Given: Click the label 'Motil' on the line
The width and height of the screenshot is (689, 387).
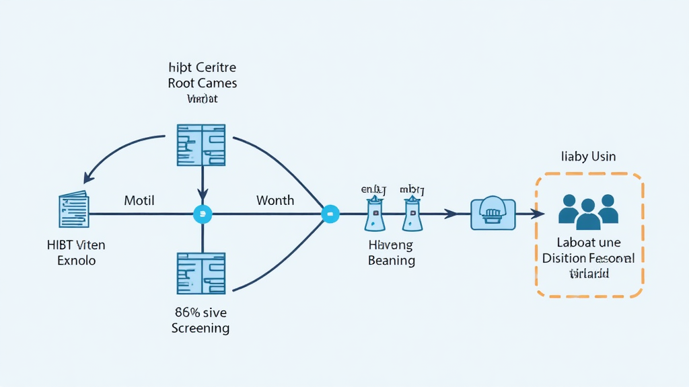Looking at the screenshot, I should pos(139,200).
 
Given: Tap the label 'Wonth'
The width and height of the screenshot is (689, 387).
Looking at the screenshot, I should pos(275,200).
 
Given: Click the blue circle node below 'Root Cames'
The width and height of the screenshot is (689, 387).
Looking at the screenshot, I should pos(203,214).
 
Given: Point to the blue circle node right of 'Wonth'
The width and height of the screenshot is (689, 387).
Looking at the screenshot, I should pos(330,214).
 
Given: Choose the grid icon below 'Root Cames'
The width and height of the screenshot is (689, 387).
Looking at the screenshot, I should pos(201,144).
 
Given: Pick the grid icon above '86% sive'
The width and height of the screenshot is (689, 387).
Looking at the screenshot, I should pos(201,273).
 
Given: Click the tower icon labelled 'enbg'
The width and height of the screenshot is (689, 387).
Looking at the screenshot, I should pos(373,213).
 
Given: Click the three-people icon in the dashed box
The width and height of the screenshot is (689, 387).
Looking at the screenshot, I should pos(588,210).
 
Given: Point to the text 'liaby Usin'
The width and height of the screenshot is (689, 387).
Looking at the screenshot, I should pos(588,157).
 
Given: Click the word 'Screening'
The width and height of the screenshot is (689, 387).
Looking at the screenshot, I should pos(201,329).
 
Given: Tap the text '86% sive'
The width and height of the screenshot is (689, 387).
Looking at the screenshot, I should pos(201,312).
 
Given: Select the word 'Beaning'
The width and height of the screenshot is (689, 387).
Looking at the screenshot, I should pos(391,261).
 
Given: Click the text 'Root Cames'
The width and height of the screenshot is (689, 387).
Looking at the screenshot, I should pos(203,83).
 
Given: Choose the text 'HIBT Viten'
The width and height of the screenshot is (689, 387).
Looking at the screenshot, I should pos(77,245).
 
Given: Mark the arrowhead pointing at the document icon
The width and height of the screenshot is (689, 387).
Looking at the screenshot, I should pos(87,179).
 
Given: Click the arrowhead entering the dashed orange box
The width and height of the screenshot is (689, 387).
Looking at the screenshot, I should pos(539,214).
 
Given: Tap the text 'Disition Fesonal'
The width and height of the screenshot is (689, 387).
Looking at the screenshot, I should pos(588,258).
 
